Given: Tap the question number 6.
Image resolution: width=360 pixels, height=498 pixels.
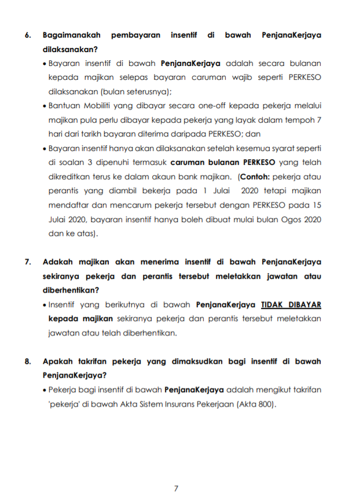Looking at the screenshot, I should [27, 35].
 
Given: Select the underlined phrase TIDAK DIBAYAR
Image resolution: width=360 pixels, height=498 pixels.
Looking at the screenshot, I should [291, 304].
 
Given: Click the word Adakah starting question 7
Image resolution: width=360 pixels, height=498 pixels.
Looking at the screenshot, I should [60, 262].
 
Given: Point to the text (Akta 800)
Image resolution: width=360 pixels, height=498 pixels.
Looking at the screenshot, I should [256, 404].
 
